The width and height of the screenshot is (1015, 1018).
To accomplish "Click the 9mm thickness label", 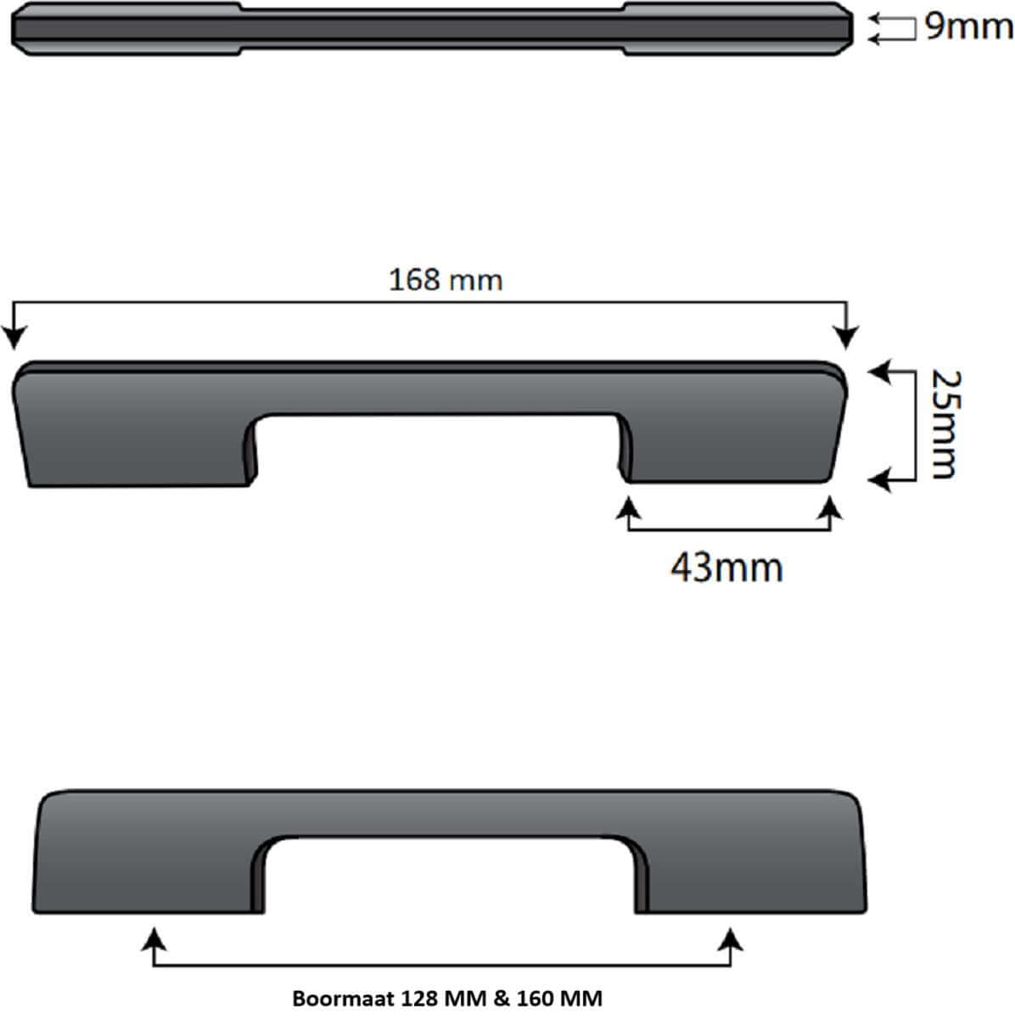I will pos(967,27).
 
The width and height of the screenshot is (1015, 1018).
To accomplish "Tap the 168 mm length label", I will pos(445,279).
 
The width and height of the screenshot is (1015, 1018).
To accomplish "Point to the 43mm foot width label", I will pos(726,567).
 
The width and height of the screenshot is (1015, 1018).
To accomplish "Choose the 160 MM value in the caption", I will pos(555,998).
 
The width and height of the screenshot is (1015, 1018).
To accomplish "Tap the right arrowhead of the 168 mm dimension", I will pos(846,338).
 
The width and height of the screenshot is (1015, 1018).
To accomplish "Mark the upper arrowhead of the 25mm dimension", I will pos(878,371).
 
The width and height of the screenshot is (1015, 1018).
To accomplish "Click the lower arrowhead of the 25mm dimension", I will pos(878,481).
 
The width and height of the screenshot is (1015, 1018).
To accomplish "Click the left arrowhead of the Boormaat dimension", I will pos(153,937).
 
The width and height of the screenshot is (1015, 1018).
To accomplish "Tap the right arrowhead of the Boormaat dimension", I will pos(731,937).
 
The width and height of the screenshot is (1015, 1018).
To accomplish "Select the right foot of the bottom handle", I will pos(751,882).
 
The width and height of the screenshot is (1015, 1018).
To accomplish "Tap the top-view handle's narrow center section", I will pos(433,27).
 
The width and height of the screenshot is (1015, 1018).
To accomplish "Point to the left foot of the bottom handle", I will pos(144,882).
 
